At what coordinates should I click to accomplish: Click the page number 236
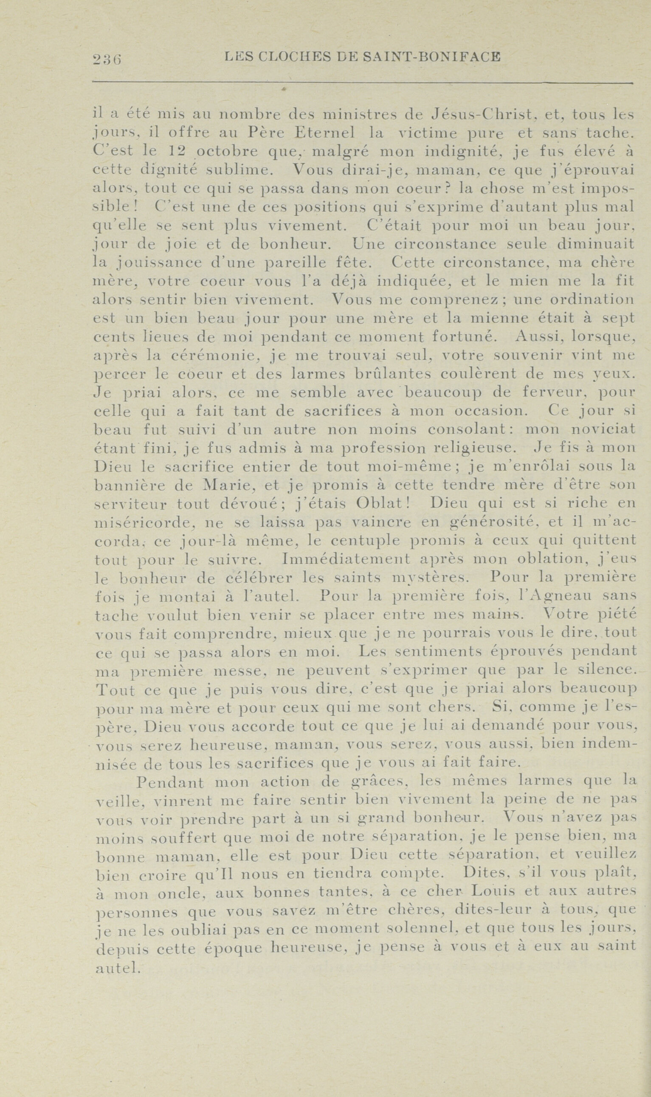tap(107, 58)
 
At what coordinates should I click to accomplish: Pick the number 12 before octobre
tap(178, 152)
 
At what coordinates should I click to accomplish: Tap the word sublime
tap(239, 170)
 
